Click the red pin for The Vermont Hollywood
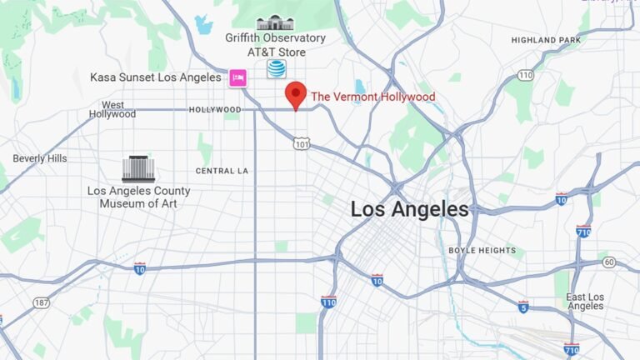pos(296,94)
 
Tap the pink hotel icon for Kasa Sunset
pos(237,77)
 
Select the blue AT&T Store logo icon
pos(276,69)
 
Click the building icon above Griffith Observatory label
pos(275,22)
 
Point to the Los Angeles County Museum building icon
pos(138,169)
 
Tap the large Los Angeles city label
pos(409,209)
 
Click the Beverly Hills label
pos(39,158)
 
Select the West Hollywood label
pos(112,109)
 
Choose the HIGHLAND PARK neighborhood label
pos(546,40)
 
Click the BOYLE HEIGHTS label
pos(477,250)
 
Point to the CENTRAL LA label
pos(222,171)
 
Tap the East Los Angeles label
pos(585,302)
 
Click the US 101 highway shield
pos(302,143)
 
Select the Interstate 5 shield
pos(522,306)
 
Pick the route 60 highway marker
pos(609,262)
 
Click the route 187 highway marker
pos(42,302)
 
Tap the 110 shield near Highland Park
pos(524,76)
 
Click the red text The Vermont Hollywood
pos(372,97)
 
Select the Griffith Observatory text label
pos(275,38)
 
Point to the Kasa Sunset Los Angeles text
pos(157,77)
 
